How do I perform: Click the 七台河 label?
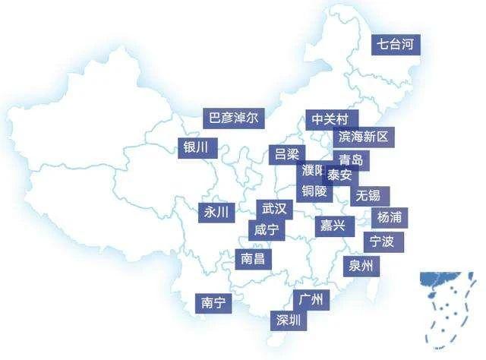coord(396,45)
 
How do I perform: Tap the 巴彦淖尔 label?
coord(233,118)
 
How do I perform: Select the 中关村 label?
coord(331,120)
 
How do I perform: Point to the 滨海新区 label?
coord(363,137)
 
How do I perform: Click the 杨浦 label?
coord(389,217)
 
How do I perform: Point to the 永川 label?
coord(216,213)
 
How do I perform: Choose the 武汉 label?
coord(273,208)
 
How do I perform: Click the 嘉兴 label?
coord(332,226)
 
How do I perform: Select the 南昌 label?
coord(253,259)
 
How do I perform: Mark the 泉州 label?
coord(361,266)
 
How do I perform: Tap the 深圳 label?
coord(289,320)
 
